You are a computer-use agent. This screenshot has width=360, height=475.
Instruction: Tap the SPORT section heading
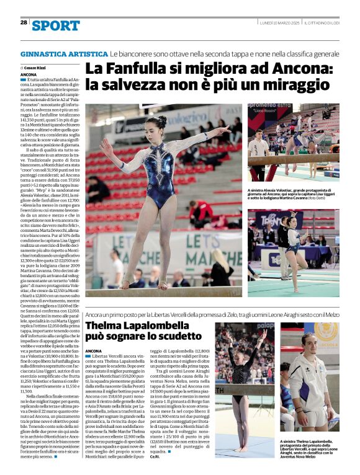56,25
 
